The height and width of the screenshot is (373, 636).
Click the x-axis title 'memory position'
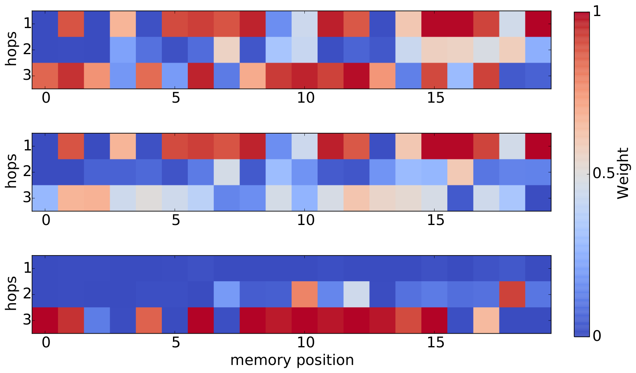point(292,361)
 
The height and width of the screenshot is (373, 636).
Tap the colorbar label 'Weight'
point(623,173)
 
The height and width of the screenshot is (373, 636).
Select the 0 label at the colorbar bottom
point(597,336)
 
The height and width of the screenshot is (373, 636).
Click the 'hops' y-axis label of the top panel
point(11,49)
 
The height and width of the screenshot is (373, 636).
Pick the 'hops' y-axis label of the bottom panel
point(11,293)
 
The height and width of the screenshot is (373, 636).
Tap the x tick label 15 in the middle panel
point(435,220)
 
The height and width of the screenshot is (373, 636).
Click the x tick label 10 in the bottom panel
point(306,342)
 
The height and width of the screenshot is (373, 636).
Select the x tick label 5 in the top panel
point(176,98)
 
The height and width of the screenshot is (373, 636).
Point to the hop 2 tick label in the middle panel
point(27,172)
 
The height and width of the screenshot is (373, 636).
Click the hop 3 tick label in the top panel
point(27,76)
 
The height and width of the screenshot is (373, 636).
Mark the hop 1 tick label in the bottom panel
point(27,268)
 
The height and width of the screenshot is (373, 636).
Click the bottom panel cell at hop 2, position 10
point(305,294)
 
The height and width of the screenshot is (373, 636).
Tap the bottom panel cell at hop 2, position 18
point(512,294)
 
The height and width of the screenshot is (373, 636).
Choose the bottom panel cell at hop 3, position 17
point(486,320)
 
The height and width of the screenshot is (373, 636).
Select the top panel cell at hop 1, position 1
point(71,24)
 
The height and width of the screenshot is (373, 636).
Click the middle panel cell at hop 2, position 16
point(460,172)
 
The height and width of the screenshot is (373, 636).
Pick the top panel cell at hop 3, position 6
point(201,76)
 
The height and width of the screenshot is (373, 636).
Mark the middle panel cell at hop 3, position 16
point(460,198)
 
